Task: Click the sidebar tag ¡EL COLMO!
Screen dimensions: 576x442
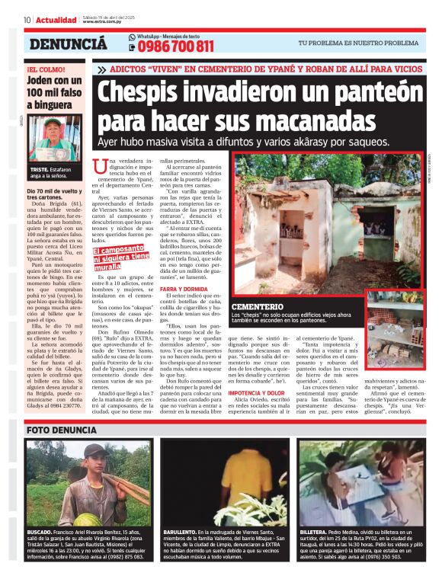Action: point(43,69)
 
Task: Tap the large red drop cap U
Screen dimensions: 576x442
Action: point(98,166)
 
